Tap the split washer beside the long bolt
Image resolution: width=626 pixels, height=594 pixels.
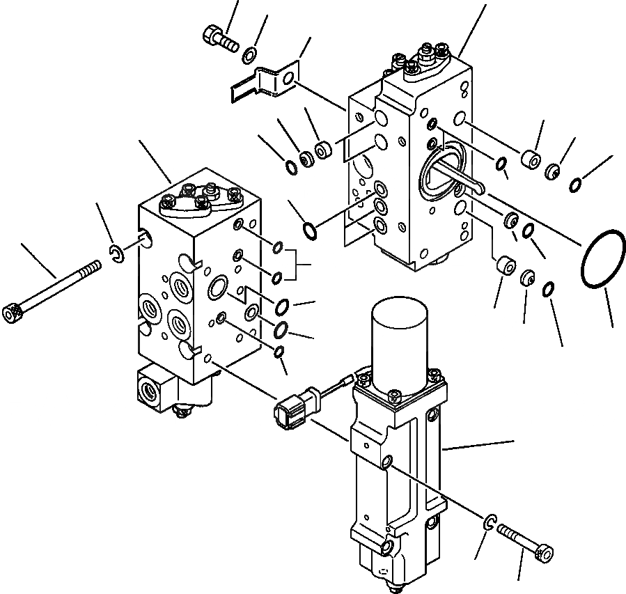pos(118,256)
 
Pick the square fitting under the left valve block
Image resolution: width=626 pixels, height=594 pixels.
pos(156,386)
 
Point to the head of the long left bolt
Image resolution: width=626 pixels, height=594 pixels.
pos(11,314)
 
